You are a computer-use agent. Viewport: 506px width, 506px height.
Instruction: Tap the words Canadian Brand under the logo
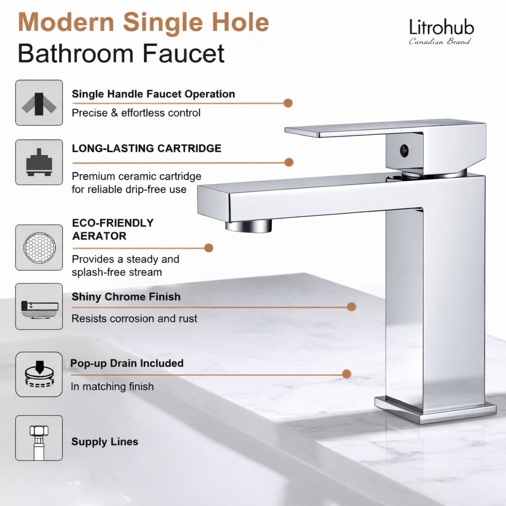(440, 42)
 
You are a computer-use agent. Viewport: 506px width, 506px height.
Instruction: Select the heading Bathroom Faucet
(121, 53)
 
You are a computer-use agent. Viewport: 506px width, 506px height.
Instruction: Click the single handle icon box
(39, 103)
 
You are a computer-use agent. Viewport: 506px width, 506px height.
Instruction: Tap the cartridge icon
(39, 162)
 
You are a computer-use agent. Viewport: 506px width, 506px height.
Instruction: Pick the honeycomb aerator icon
(39, 247)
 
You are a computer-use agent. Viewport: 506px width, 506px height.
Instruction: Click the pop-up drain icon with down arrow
(39, 374)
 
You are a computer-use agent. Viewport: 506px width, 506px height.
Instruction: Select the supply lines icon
(39, 438)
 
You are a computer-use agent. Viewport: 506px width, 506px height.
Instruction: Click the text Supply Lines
(105, 442)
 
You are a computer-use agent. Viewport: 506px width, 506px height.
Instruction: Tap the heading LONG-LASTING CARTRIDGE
(146, 148)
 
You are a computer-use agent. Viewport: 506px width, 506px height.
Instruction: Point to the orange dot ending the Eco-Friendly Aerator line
(209, 248)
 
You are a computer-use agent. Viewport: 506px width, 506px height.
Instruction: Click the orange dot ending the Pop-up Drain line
(346, 374)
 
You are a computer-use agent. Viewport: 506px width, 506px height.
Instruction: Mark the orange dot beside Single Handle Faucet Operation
(288, 103)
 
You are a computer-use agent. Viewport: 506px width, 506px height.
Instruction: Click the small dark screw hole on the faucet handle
(404, 150)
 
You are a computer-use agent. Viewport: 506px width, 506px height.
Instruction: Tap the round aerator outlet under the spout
(249, 226)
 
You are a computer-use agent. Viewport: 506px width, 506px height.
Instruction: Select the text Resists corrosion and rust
(134, 319)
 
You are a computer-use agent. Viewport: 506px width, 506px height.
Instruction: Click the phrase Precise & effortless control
(136, 113)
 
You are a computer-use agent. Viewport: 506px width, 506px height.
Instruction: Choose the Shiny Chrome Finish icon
(39, 306)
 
